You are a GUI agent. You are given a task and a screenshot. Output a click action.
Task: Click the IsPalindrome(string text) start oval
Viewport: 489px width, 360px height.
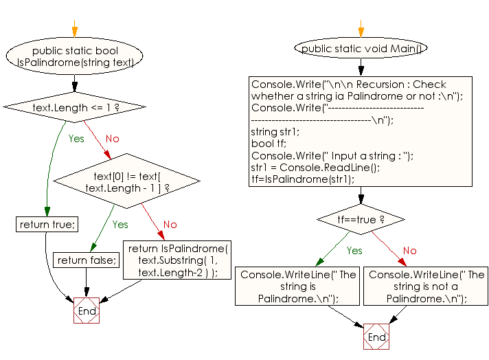(x=74, y=56)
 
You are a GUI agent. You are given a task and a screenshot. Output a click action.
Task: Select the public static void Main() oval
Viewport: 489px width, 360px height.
(x=361, y=48)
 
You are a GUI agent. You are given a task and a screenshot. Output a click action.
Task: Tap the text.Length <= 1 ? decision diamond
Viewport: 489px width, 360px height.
(x=74, y=107)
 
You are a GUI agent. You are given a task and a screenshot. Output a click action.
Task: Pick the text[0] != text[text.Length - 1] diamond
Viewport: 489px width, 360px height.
(x=127, y=181)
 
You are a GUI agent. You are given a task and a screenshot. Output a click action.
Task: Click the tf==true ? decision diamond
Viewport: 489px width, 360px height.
(x=361, y=219)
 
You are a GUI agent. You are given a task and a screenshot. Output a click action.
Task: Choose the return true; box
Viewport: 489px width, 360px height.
(x=47, y=225)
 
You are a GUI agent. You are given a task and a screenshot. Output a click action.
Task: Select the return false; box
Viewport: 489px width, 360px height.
(x=87, y=260)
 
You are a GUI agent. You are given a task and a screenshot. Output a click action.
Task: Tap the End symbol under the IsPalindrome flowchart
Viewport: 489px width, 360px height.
(x=87, y=311)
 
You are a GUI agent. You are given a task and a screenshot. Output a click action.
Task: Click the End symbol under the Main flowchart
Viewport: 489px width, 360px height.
(x=376, y=337)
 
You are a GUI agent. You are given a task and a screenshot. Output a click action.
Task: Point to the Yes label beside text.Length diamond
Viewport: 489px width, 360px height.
(x=76, y=139)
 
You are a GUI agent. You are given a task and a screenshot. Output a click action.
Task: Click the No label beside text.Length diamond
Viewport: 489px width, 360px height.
(x=112, y=139)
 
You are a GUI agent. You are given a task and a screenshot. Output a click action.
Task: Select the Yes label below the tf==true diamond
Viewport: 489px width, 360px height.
(x=354, y=251)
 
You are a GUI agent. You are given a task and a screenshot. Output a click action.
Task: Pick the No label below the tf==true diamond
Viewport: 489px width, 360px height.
(x=409, y=251)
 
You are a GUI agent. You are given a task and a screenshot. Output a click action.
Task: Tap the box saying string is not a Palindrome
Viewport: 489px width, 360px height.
(x=426, y=286)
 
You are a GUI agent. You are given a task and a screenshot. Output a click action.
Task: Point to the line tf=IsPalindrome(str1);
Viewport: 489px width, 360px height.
(x=303, y=179)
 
